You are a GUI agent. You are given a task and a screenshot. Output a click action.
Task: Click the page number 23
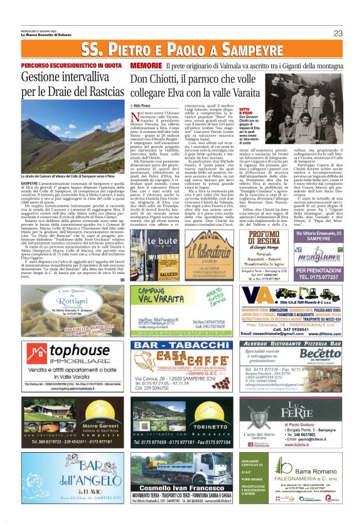point(338,33)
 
